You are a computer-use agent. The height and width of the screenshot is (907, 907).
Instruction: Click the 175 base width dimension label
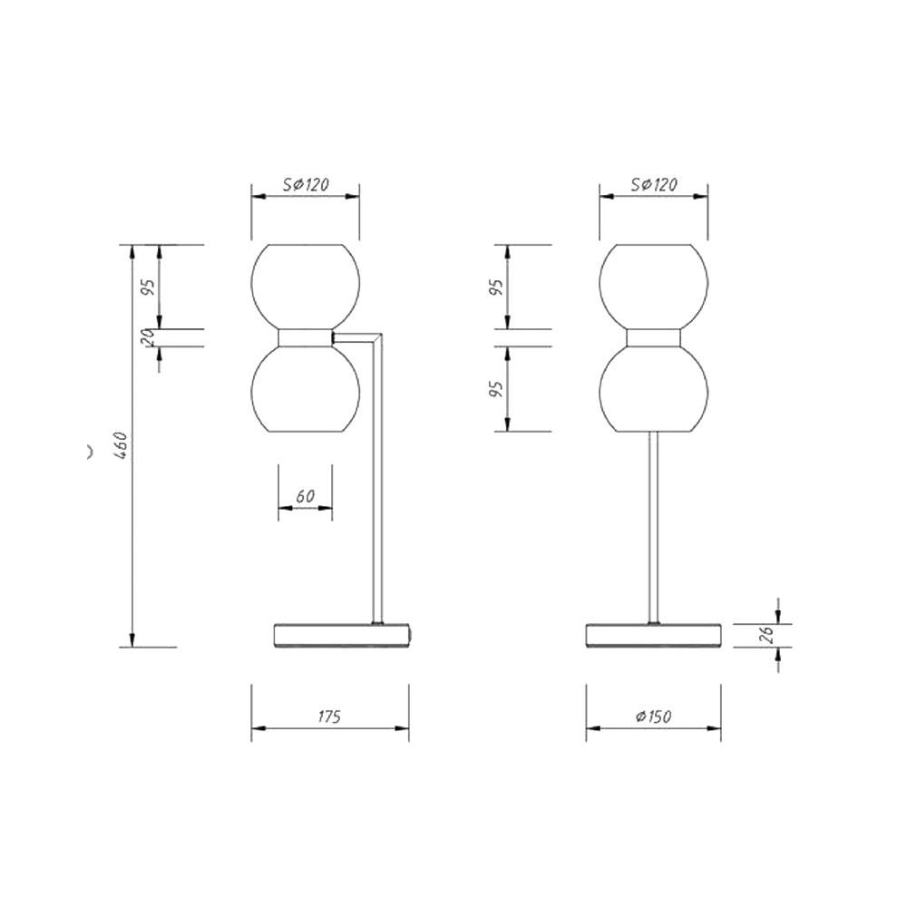click(329, 717)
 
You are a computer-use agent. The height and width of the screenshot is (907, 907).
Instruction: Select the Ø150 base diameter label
click(653, 717)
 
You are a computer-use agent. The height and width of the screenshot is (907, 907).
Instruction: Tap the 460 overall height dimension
click(121, 445)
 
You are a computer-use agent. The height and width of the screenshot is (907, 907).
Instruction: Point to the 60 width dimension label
click(306, 496)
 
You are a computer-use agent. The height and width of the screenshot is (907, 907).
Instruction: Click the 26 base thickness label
click(767, 635)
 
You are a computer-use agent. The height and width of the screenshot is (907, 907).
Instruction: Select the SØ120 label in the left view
click(306, 184)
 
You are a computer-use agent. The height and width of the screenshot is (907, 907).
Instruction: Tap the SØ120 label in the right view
click(654, 184)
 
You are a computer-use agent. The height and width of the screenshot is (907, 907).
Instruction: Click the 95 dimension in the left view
click(149, 288)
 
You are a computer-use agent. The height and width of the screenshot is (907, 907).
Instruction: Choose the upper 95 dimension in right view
click(496, 288)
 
